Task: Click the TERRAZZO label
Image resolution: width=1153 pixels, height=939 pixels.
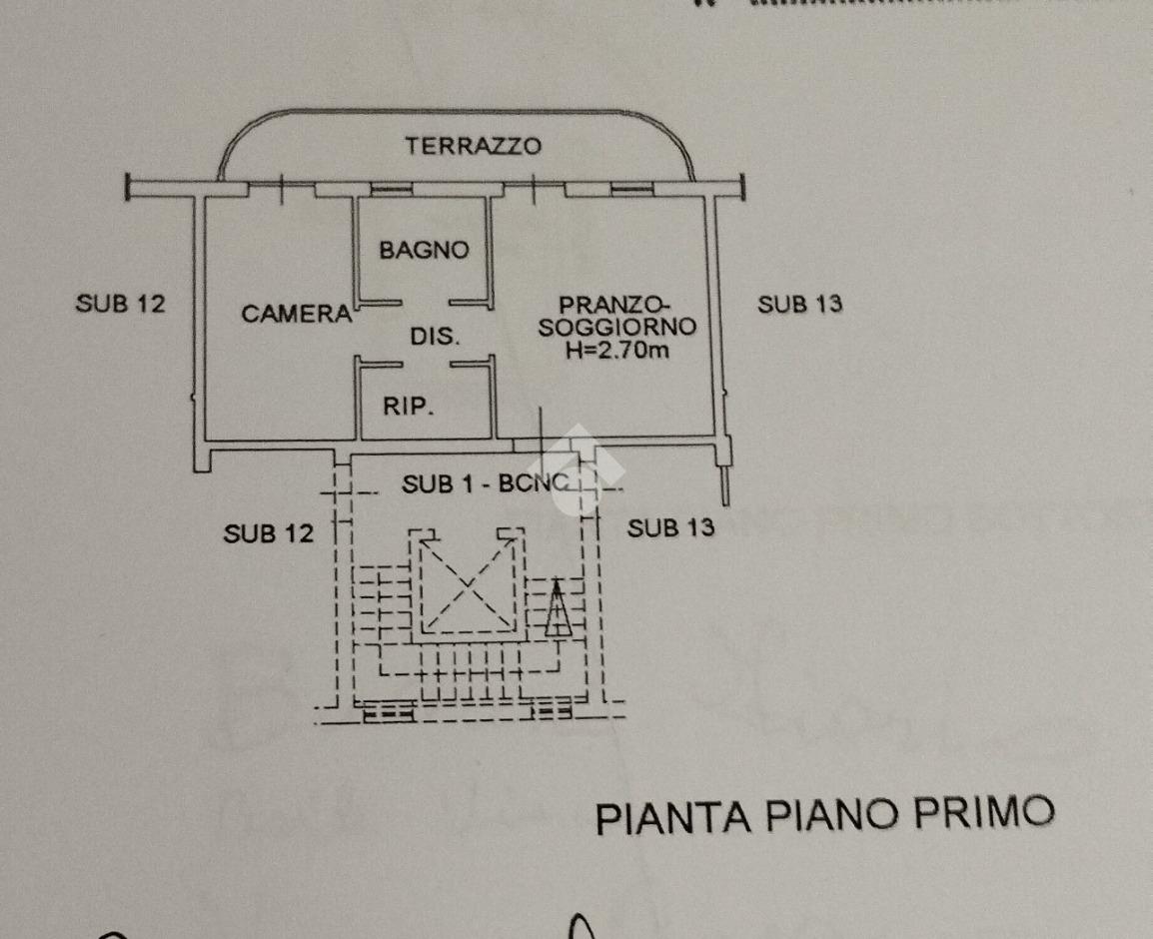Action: click(473, 146)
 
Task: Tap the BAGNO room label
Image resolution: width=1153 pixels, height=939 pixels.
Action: click(424, 250)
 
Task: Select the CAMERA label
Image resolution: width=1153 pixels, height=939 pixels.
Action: click(297, 314)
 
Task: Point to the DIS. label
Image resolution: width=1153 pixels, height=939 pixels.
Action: click(435, 337)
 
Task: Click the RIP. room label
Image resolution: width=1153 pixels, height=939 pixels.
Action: click(408, 406)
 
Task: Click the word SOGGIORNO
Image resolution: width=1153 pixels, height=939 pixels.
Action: click(616, 327)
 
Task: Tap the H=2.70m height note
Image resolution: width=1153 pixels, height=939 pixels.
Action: click(616, 350)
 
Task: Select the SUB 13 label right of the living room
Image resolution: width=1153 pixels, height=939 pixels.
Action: click(799, 305)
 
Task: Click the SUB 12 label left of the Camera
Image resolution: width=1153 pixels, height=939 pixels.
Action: click(119, 304)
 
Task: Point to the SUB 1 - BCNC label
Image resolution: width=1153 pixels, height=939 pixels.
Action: click(486, 484)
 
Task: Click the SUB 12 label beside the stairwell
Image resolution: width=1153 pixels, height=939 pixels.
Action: click(268, 533)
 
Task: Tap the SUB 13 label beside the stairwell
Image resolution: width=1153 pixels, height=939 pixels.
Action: click(670, 527)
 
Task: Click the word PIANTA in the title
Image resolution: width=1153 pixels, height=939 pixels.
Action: click(671, 818)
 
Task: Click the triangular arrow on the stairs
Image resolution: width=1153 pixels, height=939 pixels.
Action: click(558, 608)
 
